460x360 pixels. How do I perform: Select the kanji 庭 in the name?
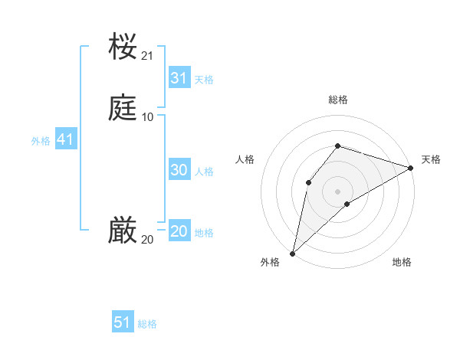[x=123, y=107]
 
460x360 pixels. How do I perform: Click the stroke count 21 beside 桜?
[x=148, y=55]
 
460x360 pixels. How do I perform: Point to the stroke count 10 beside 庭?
[x=148, y=116]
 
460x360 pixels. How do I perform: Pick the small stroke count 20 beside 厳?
[x=148, y=240]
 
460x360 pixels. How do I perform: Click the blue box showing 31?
[x=179, y=78]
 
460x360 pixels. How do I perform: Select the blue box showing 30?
[x=179, y=171]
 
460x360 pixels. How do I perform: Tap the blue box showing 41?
[x=65, y=140]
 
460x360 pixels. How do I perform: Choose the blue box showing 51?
[x=122, y=322]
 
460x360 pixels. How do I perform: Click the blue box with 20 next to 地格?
[x=179, y=232]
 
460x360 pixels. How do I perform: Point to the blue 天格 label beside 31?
[x=204, y=80]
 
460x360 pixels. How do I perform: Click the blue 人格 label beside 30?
[x=204, y=172]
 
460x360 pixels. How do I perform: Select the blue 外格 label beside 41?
[x=41, y=141]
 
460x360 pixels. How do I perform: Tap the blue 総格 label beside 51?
[x=147, y=324]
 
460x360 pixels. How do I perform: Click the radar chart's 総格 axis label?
[x=338, y=100]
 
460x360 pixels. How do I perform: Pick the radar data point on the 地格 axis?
[x=347, y=204]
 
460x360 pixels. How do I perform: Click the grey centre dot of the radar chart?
[x=338, y=191]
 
